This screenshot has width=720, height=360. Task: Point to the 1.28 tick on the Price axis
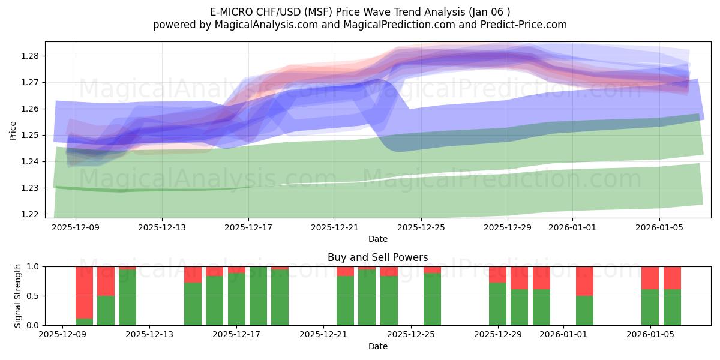[x=31, y=56]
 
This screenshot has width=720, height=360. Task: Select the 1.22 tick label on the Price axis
[x=31, y=214]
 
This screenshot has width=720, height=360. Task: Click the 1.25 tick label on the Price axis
[x=31, y=135]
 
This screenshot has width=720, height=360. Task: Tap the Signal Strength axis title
[x=18, y=295]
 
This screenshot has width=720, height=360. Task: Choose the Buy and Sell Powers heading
[x=377, y=257]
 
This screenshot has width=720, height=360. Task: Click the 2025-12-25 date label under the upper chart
[x=421, y=228]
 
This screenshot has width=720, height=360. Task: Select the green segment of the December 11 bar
[x=106, y=310]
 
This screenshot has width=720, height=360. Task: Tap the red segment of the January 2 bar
[x=584, y=281]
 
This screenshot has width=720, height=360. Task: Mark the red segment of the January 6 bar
[x=672, y=278]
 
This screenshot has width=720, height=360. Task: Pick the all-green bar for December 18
[x=258, y=296]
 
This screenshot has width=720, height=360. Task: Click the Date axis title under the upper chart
[x=377, y=239]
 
